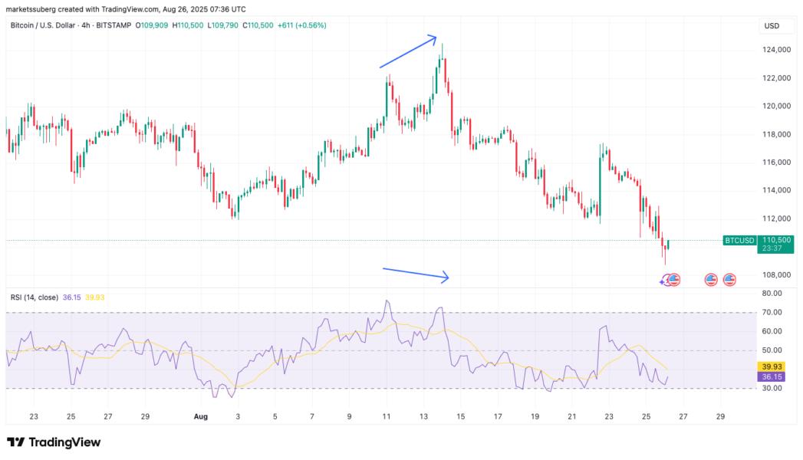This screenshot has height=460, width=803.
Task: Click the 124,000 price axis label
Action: [x=777, y=50]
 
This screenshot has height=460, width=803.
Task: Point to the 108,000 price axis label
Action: [x=777, y=274]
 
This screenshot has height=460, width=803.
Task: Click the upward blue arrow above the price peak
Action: [x=408, y=52]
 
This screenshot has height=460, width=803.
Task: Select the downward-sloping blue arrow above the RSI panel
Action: [x=415, y=274]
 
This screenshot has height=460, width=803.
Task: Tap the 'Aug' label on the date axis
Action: [x=201, y=416]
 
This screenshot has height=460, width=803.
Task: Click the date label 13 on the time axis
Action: [x=423, y=416]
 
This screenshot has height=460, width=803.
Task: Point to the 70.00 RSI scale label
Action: [x=772, y=312]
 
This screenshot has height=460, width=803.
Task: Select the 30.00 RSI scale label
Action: [x=772, y=388]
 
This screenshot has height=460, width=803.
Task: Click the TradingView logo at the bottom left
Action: [x=54, y=442]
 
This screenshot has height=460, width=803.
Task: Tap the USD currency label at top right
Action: [x=772, y=26]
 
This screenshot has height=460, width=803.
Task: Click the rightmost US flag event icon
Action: [x=729, y=280]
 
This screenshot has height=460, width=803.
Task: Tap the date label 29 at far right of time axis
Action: [x=719, y=416]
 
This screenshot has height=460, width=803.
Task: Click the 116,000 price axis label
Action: [x=777, y=163]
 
